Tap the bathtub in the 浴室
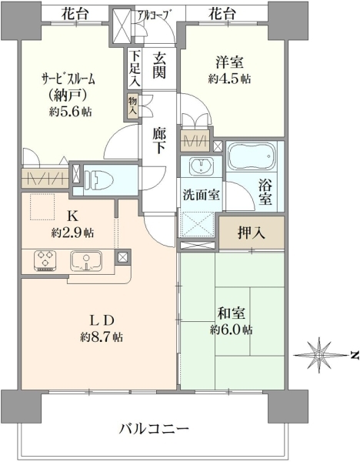252,156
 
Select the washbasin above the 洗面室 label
202,166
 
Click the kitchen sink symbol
86,261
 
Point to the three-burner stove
45,260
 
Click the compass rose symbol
319,355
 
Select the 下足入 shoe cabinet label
135,68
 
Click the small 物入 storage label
132,106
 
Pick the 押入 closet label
252,233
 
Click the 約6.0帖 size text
231,330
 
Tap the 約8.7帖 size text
102,336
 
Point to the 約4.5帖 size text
229,79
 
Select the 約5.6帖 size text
70,112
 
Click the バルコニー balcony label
154,429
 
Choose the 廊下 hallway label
159,142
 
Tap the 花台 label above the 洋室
222,13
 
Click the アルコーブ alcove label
155,14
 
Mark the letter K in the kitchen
72,216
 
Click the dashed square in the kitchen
42,207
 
